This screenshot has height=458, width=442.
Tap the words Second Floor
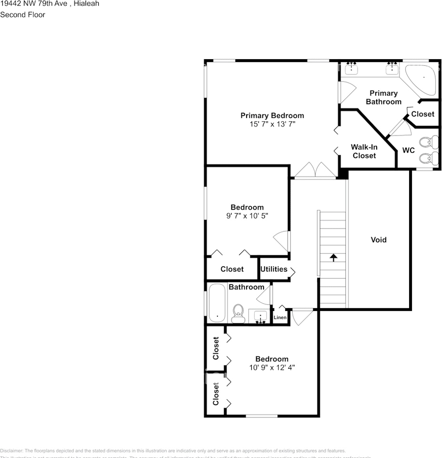tap(22, 15)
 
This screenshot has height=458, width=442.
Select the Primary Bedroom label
tap(272, 115)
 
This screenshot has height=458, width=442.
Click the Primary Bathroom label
tap(383, 97)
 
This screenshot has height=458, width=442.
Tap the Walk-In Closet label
tap(364, 151)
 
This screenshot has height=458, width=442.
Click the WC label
tap(408, 150)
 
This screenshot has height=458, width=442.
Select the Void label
tap(379, 240)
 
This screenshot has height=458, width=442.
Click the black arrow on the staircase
tap(333, 258)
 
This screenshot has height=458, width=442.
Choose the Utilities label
tap(274, 269)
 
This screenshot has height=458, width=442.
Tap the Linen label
tap(280, 318)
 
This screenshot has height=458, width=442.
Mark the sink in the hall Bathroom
tap(260, 316)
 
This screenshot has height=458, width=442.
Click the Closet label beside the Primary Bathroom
tap(422, 114)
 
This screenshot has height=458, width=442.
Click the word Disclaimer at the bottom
tap(11, 451)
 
